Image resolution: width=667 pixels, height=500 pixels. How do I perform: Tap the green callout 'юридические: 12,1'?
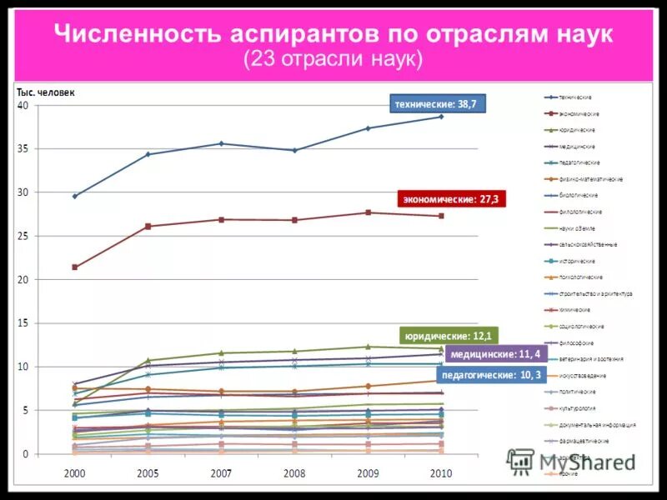click(449, 336)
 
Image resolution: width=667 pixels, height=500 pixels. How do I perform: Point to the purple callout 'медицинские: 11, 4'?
click(494, 354)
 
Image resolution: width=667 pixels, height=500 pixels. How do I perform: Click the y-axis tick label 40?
click(23, 106)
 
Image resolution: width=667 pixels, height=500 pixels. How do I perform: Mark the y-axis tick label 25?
click(23, 237)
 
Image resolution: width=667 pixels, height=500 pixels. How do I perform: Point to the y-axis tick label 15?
click(23, 323)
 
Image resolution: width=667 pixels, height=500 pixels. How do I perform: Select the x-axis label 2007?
click(221, 473)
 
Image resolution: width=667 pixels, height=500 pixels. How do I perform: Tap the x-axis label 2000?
click(75, 473)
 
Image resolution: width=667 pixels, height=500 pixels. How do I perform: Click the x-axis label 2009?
click(368, 473)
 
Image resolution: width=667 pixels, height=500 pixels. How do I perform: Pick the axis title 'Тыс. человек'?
click(46, 92)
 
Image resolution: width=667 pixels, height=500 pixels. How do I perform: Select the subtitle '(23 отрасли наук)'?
click(333, 60)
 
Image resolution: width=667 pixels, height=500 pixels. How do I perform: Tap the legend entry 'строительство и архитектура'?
click(596, 293)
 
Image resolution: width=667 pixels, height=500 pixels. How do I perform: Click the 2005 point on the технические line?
click(148, 154)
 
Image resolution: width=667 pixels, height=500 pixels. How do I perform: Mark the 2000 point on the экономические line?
click(75, 267)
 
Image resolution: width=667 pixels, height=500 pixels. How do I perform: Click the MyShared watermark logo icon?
click(521, 460)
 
